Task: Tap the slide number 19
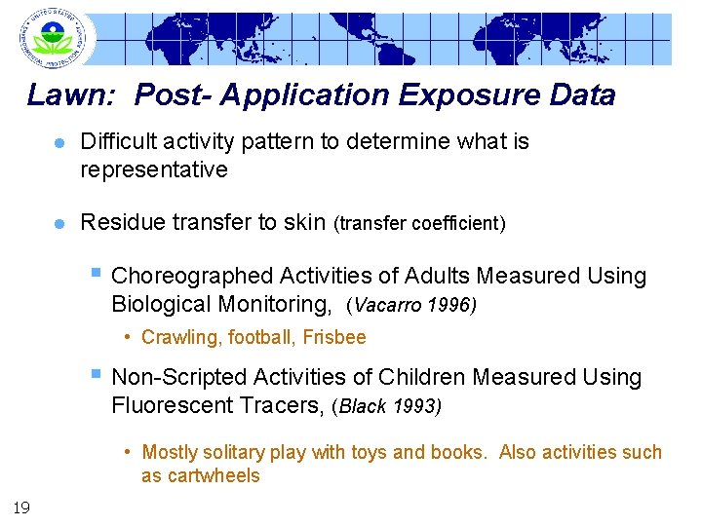tap(20, 506)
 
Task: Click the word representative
tap(153, 170)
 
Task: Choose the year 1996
tap(449, 306)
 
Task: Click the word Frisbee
tap(334, 338)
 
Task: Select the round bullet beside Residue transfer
tap(59, 224)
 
